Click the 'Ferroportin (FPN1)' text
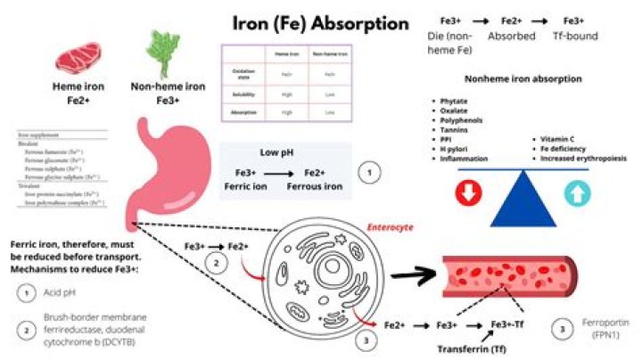(x=599, y=332)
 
